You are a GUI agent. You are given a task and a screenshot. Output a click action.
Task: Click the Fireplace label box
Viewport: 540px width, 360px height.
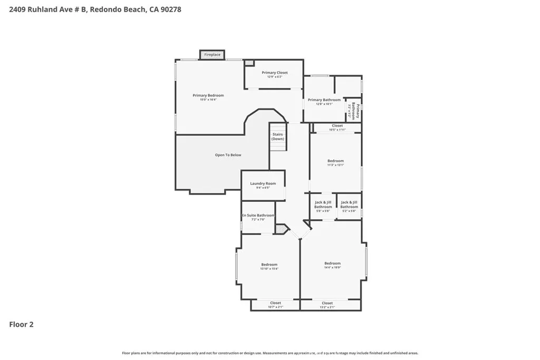tap(213, 55)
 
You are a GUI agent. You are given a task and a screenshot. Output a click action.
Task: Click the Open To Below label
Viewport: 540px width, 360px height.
tap(228, 155)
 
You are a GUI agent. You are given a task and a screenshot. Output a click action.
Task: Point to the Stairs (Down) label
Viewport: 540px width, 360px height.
tap(277, 137)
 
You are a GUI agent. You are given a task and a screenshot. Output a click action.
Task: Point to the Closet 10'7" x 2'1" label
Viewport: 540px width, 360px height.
tap(275, 305)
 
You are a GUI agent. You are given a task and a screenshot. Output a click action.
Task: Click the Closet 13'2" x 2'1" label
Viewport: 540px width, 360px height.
tap(327, 305)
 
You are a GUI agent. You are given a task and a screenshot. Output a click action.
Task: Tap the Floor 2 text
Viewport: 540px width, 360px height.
tap(22, 325)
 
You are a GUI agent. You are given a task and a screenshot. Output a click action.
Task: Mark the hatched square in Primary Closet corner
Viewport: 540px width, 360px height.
tap(249, 63)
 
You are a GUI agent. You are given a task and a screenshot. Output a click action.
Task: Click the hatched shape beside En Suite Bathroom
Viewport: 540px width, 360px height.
tap(282, 229)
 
